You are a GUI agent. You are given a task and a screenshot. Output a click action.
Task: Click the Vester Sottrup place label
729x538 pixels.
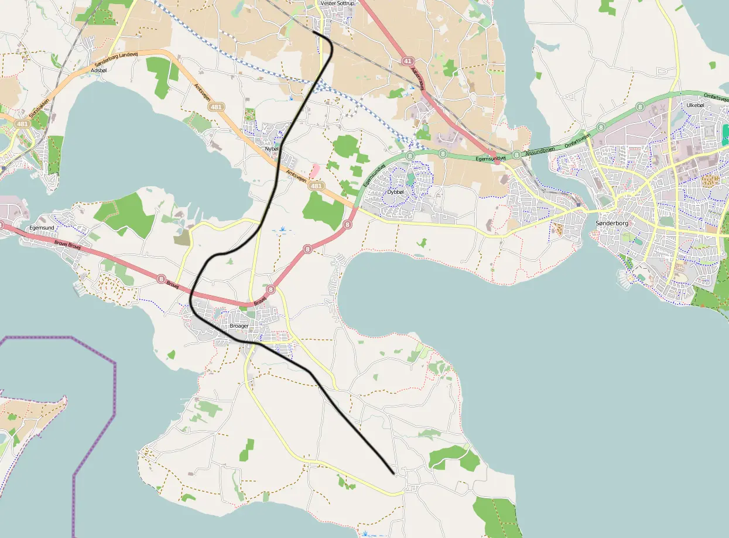pyautogui.click(x=338, y=4)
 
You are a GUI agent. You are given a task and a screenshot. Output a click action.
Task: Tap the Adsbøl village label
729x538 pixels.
pyautogui.click(x=99, y=70)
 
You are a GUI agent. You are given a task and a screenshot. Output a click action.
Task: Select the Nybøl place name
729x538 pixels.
pyautogui.click(x=272, y=149)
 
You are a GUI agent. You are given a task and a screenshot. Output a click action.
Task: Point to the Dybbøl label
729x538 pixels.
pyautogui.click(x=396, y=191)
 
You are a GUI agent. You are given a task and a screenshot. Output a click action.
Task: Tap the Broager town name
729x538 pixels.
pyautogui.click(x=239, y=325)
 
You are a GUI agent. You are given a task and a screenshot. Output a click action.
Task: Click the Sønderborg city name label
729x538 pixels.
pyautogui.click(x=611, y=224)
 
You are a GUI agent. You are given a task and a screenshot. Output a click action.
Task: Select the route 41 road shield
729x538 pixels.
pyautogui.click(x=408, y=61)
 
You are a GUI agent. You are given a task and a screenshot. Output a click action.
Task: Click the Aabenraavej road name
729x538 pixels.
pyautogui.click(x=417, y=78)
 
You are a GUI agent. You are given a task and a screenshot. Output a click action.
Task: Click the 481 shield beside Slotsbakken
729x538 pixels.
pyautogui.click(x=22, y=124)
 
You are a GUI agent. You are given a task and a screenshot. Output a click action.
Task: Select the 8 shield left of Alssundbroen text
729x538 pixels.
pyautogui.click(x=516, y=155)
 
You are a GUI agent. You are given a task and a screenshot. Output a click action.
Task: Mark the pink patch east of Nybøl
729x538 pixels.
pyautogui.click(x=315, y=170)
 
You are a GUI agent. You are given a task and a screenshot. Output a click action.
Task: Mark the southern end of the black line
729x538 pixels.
pyautogui.click(x=393, y=472)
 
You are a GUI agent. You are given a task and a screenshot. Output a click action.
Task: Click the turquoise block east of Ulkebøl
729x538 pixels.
pyautogui.click(x=726, y=134)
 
